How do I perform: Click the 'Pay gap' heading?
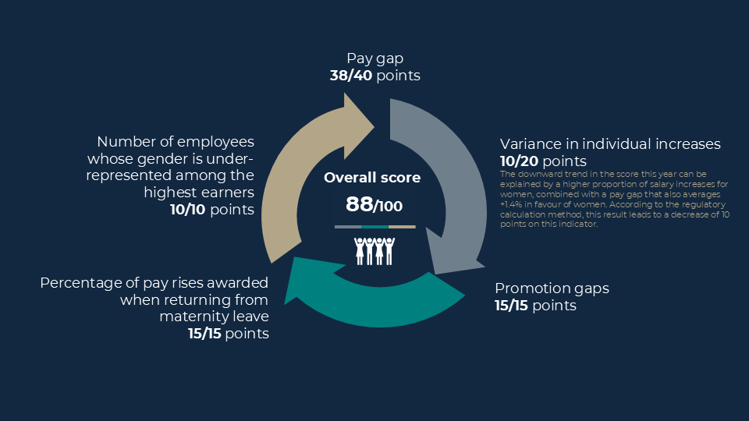pos(375,58)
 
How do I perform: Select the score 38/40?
pos(351,76)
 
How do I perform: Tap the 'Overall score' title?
pos(372,178)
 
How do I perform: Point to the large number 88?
pos(359,204)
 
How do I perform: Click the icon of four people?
pos(374,251)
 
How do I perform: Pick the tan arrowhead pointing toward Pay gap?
pos(358,126)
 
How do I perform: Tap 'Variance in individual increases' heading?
pos(610,143)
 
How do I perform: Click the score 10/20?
pos(520,161)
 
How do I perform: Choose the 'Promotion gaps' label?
pos(552,288)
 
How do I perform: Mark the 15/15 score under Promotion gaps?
pos(511,306)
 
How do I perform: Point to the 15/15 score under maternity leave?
pos(204,333)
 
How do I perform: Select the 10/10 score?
pos(188,210)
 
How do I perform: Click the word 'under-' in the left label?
pos(232,158)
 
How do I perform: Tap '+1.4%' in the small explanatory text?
pos(511,204)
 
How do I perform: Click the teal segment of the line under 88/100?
pos(374,227)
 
